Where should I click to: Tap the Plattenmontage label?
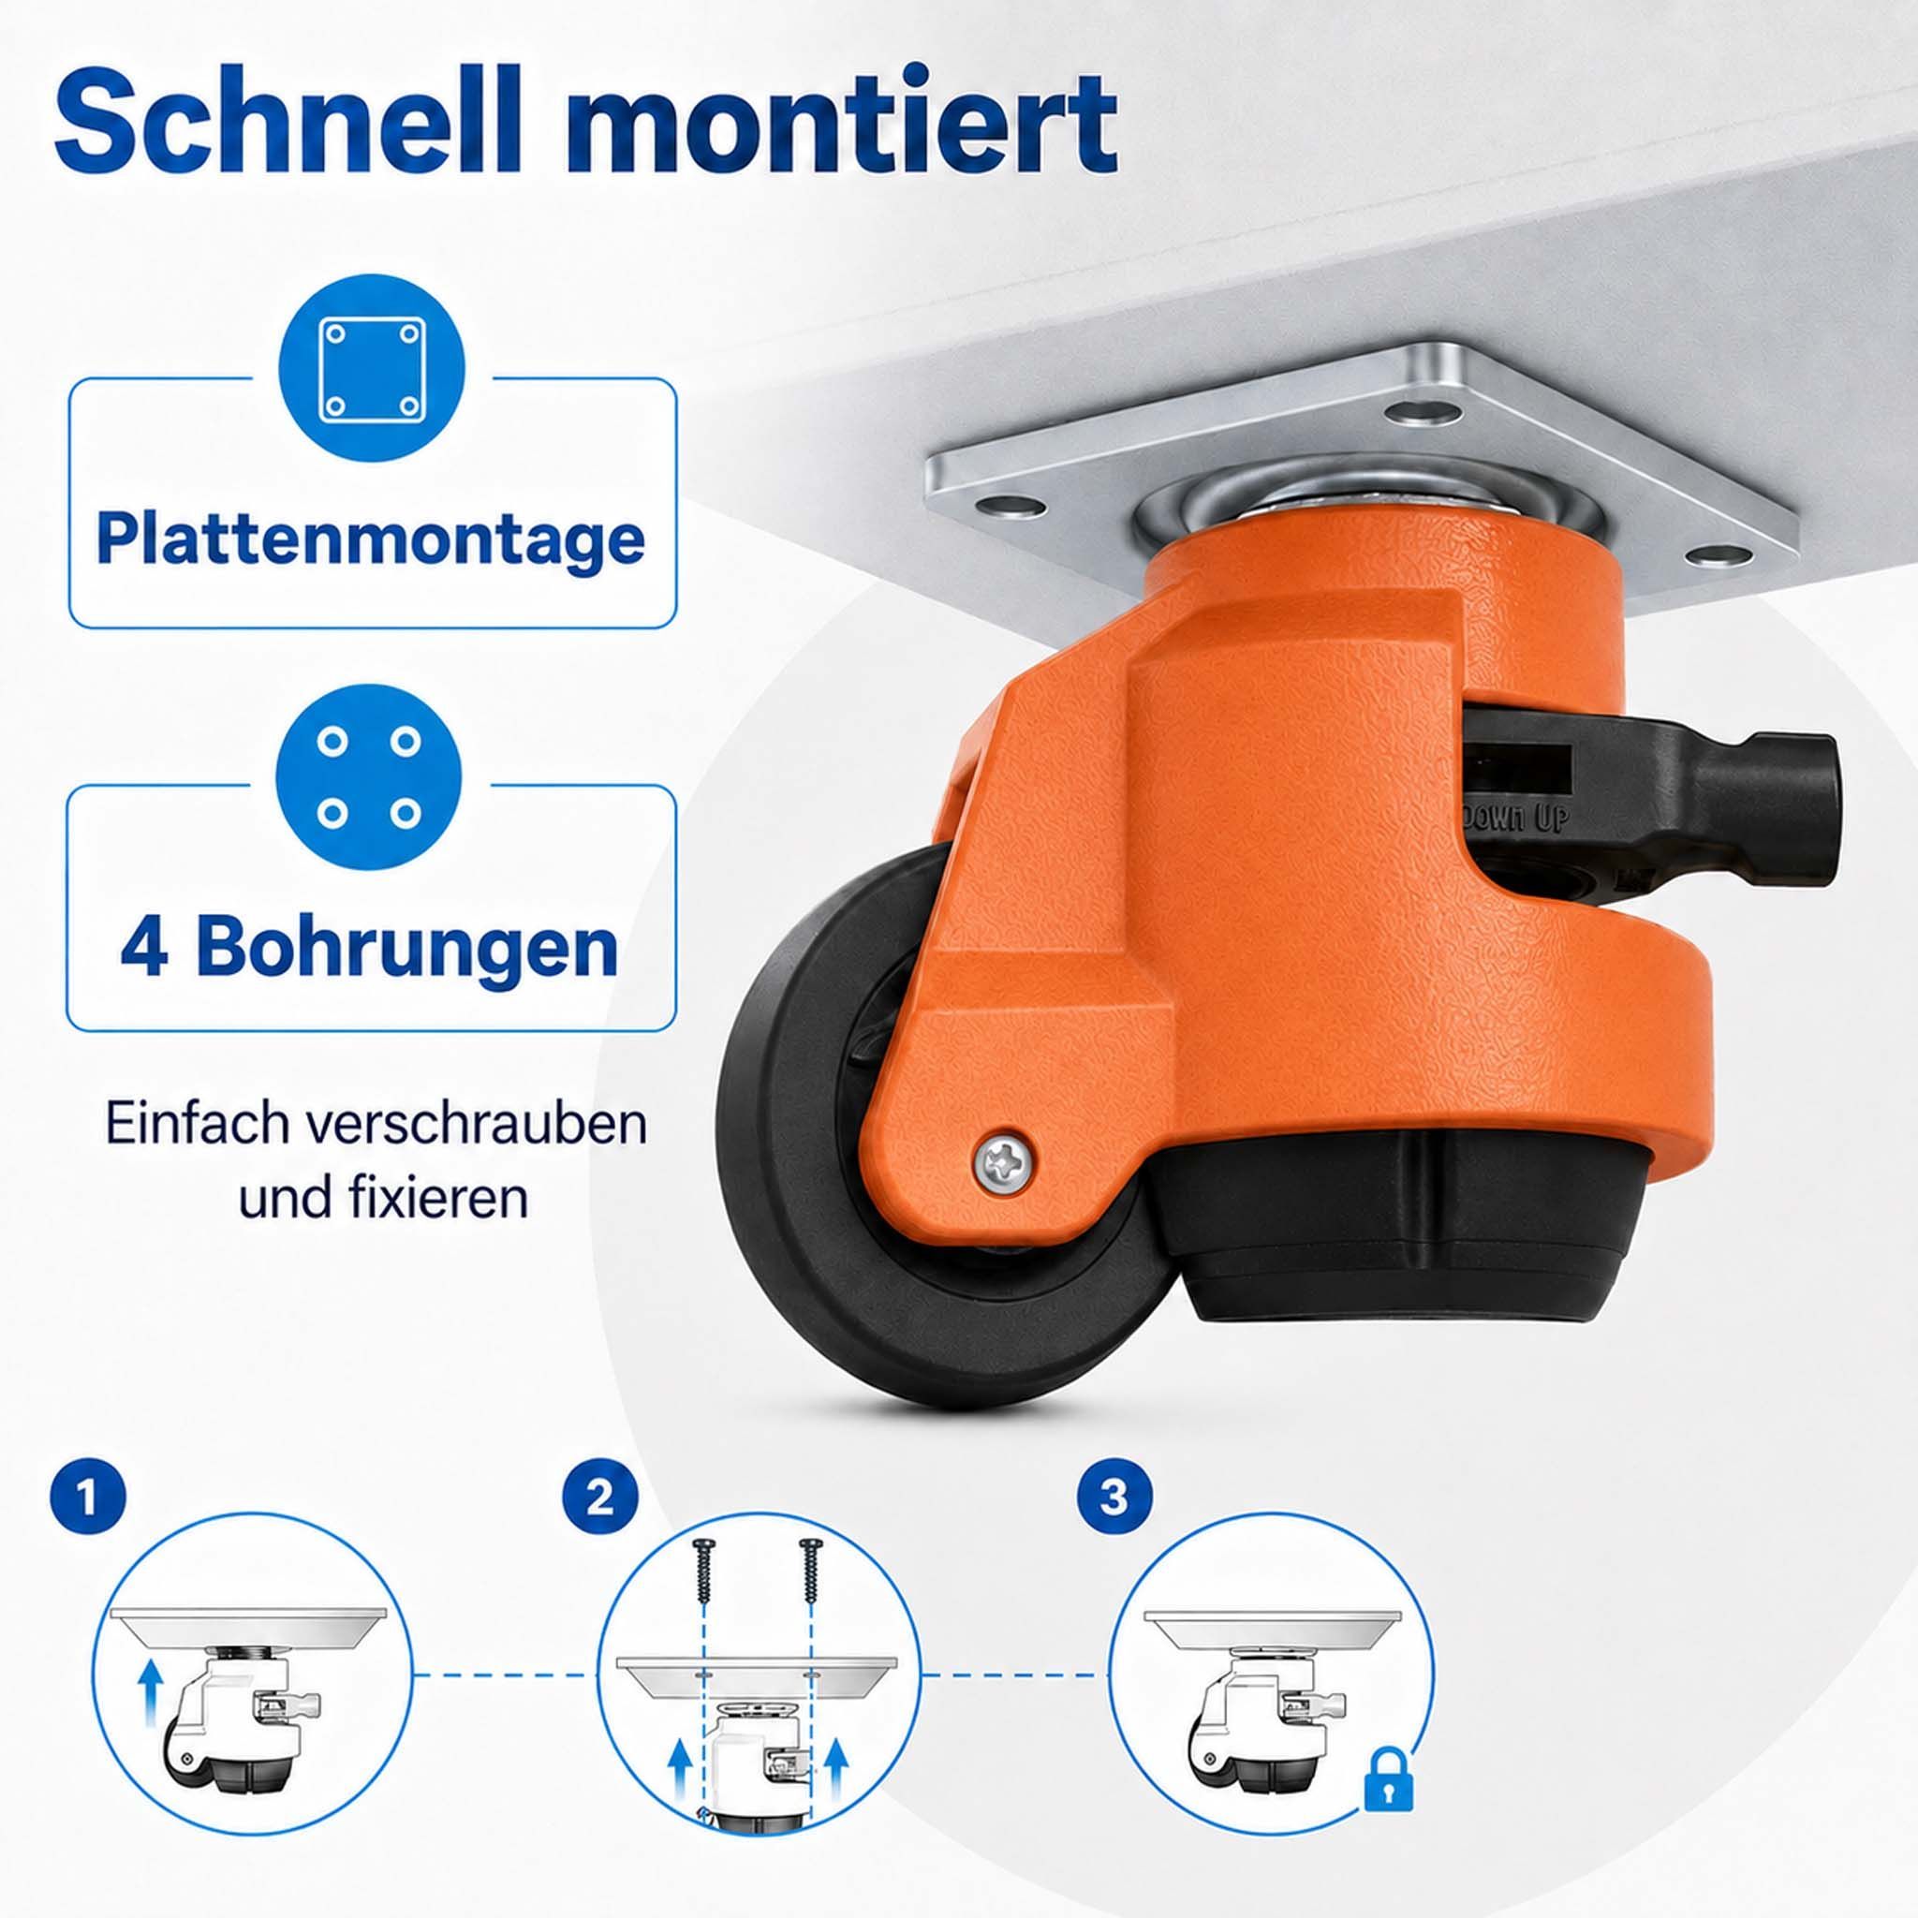point(371,539)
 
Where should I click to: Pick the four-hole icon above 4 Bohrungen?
point(369,777)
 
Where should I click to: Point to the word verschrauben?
point(476,1125)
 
